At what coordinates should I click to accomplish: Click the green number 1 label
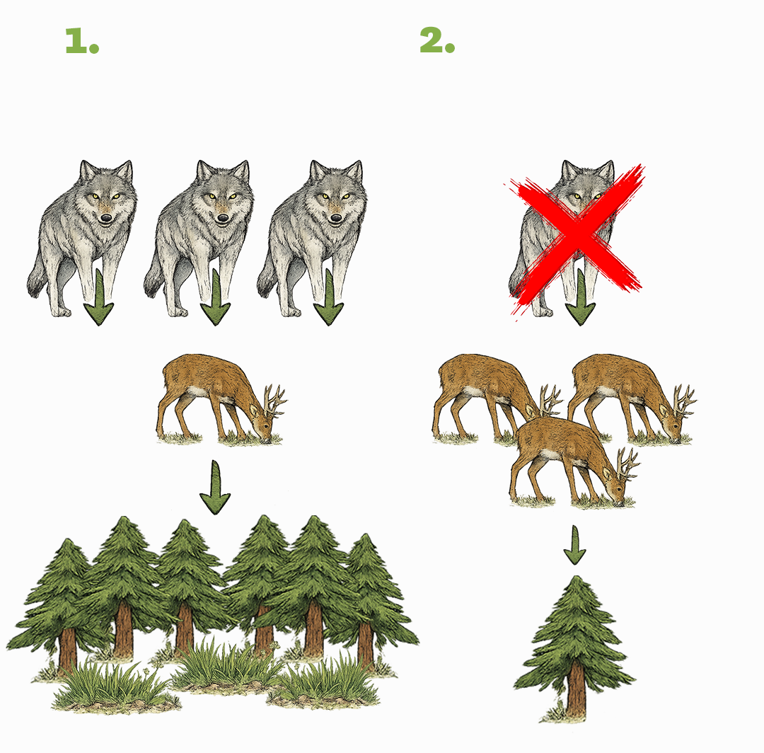pos(82,40)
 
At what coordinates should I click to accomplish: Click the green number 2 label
pos(437,40)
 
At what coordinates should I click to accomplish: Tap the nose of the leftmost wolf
pos(105,218)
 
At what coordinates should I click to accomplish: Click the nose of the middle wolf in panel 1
pos(223,218)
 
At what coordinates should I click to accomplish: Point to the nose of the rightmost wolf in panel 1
pos(336,218)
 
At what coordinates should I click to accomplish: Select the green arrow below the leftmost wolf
pos(99,297)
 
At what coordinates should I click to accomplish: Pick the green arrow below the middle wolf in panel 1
pos(215,297)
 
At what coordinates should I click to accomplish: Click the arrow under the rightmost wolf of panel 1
pos(329,297)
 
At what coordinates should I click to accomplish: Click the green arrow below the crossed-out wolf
pos(580,297)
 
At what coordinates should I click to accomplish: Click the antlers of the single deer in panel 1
pos(274,400)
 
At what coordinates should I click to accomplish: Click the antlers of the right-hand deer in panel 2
pos(685,401)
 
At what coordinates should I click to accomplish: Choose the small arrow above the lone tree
pos(575,545)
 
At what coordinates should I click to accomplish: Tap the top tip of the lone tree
pos(577,577)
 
